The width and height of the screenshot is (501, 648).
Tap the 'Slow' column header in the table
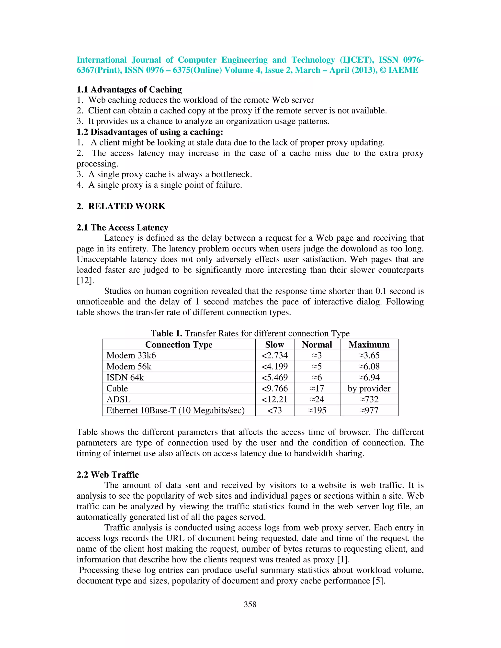click(x=274, y=345)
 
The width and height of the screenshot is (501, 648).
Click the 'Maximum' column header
click(x=369, y=345)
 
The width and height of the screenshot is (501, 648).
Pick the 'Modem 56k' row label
click(x=129, y=367)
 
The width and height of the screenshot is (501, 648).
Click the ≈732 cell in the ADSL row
click(x=369, y=399)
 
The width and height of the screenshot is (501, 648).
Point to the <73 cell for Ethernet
click(x=274, y=410)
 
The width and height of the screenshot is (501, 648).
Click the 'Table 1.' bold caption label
click(x=166, y=333)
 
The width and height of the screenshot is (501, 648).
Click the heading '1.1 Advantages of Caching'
click(x=129, y=89)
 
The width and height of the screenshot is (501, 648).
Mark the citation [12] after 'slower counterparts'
click(x=85, y=280)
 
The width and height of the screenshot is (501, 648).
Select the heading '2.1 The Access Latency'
click(x=122, y=228)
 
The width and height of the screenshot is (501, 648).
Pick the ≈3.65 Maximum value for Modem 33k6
click(x=369, y=356)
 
